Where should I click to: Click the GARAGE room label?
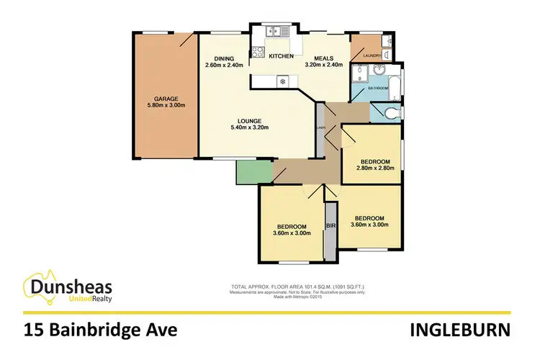point(165,99)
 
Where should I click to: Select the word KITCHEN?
point(281,56)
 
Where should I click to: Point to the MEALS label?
point(320,58)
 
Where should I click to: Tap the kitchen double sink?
point(276,31)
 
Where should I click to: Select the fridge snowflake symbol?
point(282,81)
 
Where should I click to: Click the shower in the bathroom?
point(359,73)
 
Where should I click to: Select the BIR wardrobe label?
point(331,225)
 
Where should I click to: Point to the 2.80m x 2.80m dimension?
point(372,168)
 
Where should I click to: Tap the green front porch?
point(248,171)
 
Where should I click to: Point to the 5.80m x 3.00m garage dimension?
point(165,107)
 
